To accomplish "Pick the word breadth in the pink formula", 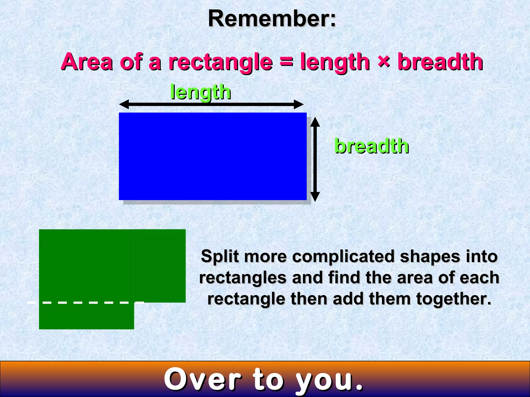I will pos(440,62).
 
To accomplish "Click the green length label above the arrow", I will pos(200,93).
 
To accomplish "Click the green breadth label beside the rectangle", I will pos(371,146).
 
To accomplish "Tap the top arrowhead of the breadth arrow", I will pos(315,121).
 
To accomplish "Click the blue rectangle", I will pos(212,156).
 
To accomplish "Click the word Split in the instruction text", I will pos(220,257).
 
